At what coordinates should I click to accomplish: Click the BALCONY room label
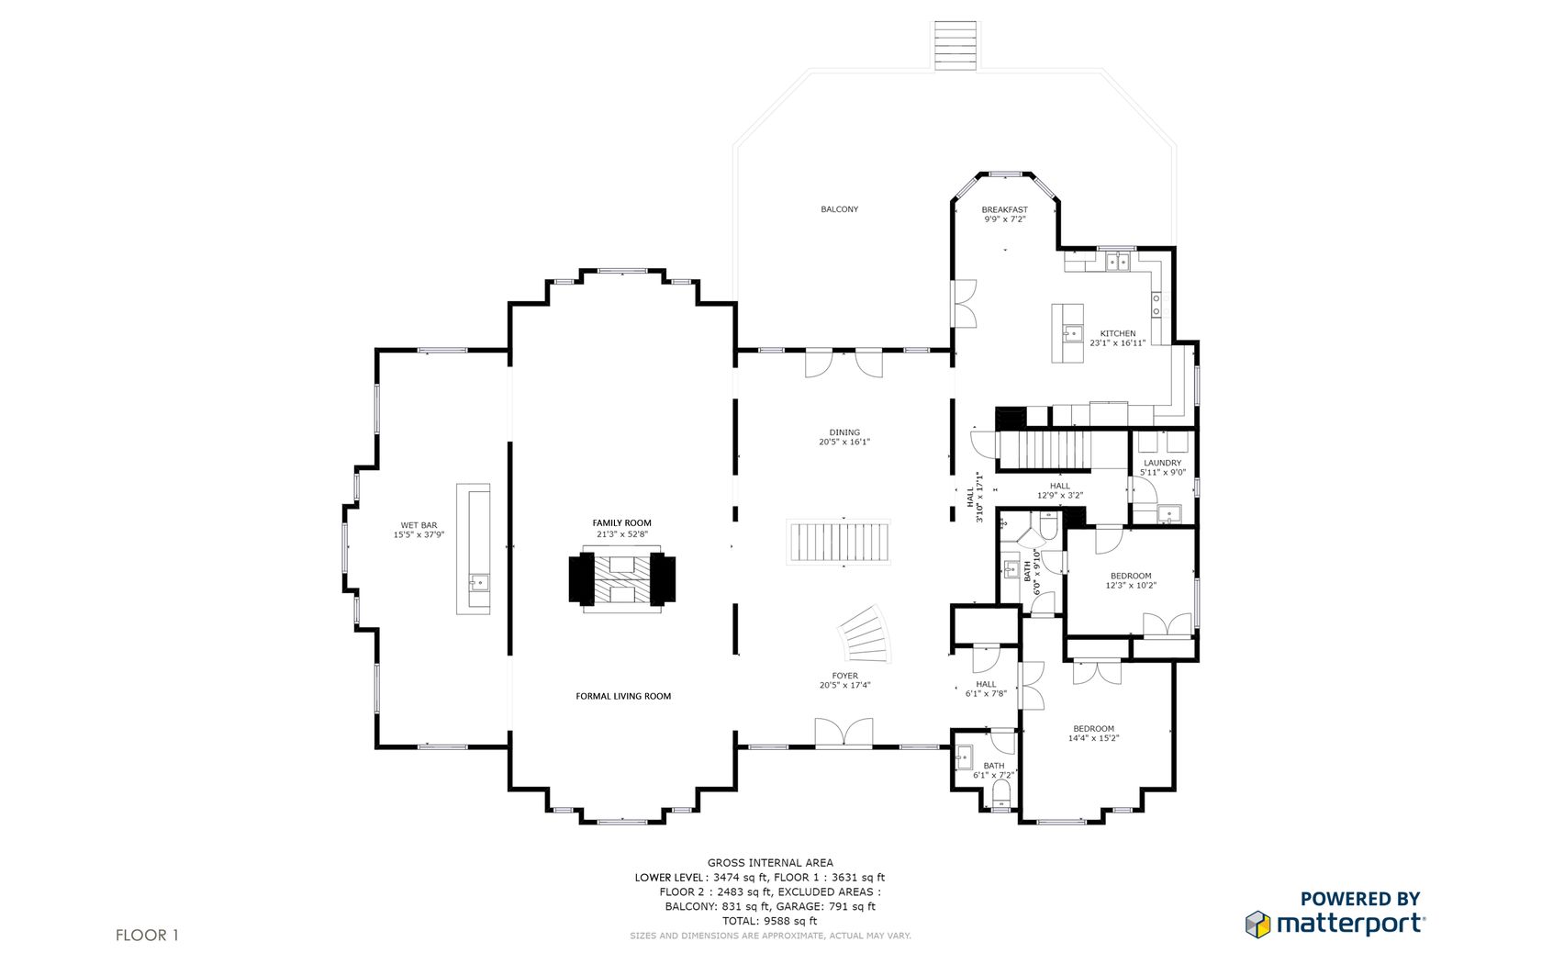click(x=839, y=209)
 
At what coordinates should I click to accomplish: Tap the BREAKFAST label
click(x=1004, y=210)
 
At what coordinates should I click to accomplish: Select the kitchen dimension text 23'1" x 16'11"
click(x=1117, y=343)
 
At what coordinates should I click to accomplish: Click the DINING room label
click(x=844, y=432)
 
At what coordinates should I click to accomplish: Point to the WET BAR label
click(x=419, y=525)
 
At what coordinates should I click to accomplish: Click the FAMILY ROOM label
click(x=621, y=523)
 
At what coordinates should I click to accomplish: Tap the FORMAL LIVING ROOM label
click(x=623, y=696)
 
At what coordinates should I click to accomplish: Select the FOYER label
click(x=844, y=676)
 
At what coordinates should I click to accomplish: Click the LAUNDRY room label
click(x=1162, y=464)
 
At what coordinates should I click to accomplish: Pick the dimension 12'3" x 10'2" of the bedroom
click(x=1131, y=586)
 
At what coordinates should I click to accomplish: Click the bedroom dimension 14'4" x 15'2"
click(x=1093, y=738)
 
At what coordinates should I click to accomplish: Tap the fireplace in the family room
click(x=621, y=579)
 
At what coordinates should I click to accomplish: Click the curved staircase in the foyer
click(x=866, y=635)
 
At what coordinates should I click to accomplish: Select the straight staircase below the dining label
click(x=839, y=543)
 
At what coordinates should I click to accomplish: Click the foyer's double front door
click(x=844, y=733)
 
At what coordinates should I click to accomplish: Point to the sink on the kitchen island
click(x=1072, y=334)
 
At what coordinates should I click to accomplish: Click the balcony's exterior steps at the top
click(x=955, y=46)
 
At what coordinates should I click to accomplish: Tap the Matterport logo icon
click(x=1257, y=924)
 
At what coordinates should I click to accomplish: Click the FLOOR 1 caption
click(x=147, y=935)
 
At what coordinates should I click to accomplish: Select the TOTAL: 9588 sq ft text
click(x=769, y=921)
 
